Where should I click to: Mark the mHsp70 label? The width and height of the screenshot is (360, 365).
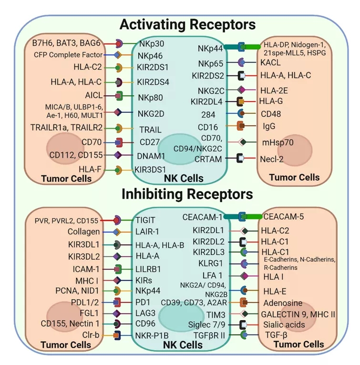[x=275, y=142]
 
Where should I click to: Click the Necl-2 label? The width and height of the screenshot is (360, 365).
[x=272, y=159]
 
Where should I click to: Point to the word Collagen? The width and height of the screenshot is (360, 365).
[x=84, y=232]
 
